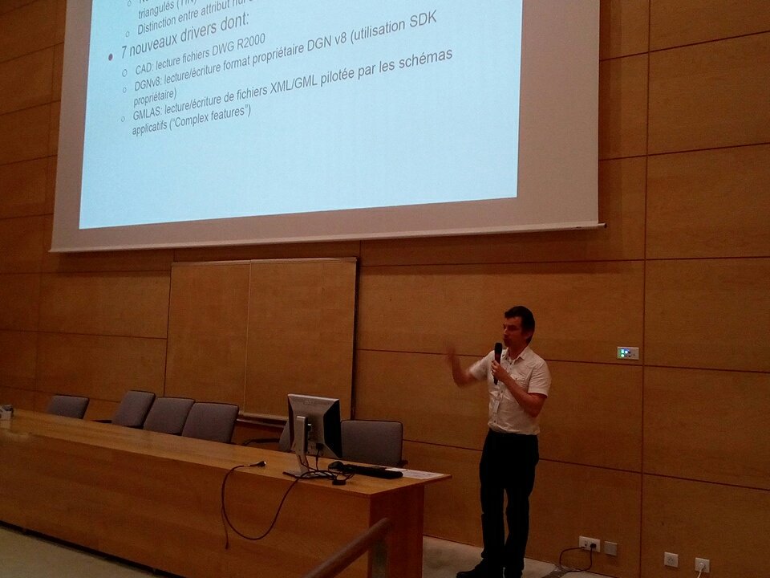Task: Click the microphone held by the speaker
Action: [498, 353]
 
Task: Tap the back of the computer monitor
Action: [314, 425]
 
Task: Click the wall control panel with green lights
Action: [627, 352]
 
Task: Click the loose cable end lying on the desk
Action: [258, 463]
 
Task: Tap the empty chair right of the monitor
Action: [371, 442]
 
